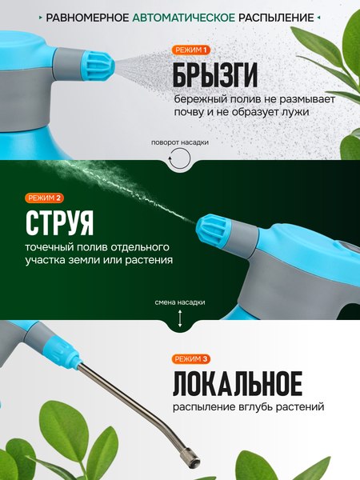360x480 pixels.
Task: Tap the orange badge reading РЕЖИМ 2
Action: point(45,198)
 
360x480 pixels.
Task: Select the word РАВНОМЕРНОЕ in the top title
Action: point(99,16)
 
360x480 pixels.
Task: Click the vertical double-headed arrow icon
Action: point(181,318)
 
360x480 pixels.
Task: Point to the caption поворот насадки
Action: point(181,143)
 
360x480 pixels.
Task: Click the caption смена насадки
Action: point(181,302)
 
